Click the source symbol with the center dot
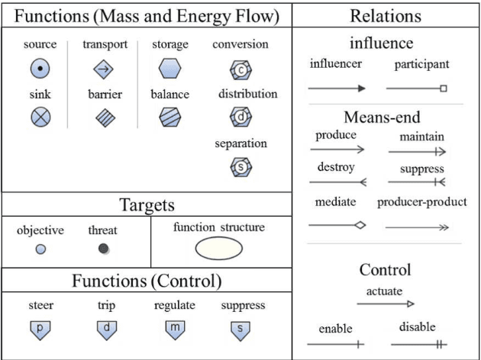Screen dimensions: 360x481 click(x=40, y=69)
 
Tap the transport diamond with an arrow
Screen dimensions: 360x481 click(x=103, y=70)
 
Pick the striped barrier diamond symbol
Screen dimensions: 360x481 click(x=103, y=117)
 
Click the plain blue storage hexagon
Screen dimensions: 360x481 click(x=169, y=69)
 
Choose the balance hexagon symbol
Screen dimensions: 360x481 click(x=169, y=117)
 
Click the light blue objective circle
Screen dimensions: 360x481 click(x=40, y=249)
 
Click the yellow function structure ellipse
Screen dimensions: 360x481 click(x=218, y=249)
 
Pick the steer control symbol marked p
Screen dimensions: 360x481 click(x=40, y=329)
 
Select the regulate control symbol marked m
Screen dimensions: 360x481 click(x=175, y=329)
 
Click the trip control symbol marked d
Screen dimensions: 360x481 click(x=107, y=329)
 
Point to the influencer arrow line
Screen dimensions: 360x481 click(x=337, y=88)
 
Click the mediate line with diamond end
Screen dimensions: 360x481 click(x=337, y=225)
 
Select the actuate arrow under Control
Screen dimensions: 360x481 click(x=385, y=304)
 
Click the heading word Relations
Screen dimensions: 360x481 click(x=386, y=15)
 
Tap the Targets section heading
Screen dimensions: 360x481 click(x=147, y=204)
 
